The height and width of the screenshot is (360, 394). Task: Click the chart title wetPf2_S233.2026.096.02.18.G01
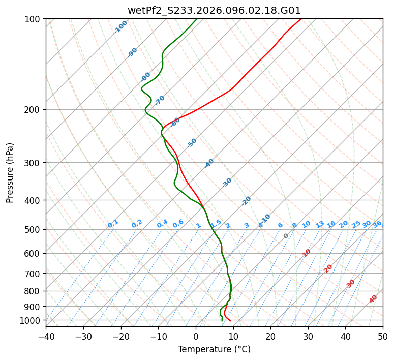(214, 10)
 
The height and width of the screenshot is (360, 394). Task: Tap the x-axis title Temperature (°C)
(214, 349)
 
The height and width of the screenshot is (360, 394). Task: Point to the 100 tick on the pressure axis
(33, 19)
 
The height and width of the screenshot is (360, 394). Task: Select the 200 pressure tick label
(33, 110)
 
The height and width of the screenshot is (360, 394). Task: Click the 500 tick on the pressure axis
(33, 230)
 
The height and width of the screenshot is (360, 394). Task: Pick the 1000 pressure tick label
(31, 320)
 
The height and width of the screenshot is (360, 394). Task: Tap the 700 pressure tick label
(33, 274)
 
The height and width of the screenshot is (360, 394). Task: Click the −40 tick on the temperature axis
(46, 336)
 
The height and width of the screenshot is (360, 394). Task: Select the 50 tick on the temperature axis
(383, 336)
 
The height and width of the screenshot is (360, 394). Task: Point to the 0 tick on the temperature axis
(196, 336)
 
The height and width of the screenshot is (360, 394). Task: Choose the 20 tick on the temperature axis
(270, 336)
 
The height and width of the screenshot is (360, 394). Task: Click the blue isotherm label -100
(120, 27)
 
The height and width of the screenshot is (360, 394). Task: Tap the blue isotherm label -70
(160, 100)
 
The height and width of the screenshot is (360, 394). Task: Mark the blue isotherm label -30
(227, 183)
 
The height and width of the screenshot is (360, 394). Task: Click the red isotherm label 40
(373, 299)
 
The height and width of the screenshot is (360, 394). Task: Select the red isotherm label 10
(307, 253)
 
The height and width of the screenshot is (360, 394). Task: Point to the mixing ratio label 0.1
(113, 223)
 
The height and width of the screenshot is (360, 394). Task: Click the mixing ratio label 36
(377, 224)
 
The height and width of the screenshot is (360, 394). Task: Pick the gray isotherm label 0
(286, 236)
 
